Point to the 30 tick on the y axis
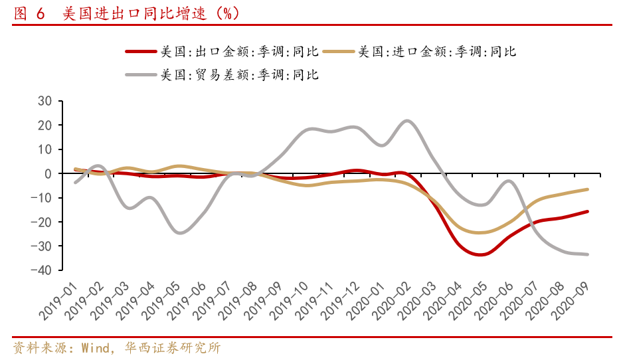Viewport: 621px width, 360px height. pos(44,101)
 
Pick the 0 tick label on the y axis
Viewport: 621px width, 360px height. pos(48,173)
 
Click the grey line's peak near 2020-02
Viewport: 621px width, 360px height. pos(407,121)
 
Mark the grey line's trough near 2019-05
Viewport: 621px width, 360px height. pos(180,232)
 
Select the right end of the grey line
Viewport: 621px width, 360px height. pos(587,254)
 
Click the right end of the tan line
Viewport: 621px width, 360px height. pos(587,189)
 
